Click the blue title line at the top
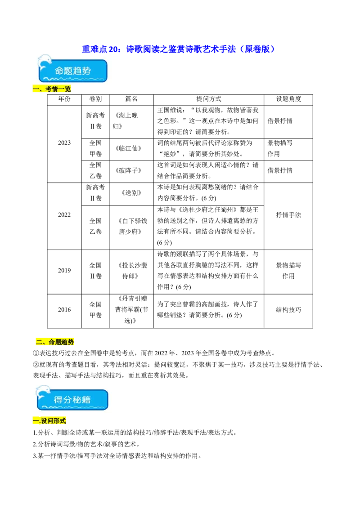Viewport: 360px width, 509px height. pyautogui.click(x=178, y=49)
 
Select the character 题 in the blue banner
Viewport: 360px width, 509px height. pyautogui.click(x=70, y=71)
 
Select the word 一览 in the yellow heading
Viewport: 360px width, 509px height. pyautogui.click(x=65, y=89)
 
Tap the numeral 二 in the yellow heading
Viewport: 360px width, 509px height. pyautogui.click(x=39, y=342)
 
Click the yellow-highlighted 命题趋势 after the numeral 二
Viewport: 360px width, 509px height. pyautogui.click(x=61, y=342)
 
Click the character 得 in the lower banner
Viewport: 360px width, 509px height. pyautogui.click(x=58, y=400)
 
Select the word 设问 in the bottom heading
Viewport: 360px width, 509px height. pyautogui.click(x=47, y=421)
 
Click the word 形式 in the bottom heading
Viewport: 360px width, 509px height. pyautogui.click(x=59, y=421)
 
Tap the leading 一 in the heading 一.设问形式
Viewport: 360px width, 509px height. pyautogui.click(x=35, y=421)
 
